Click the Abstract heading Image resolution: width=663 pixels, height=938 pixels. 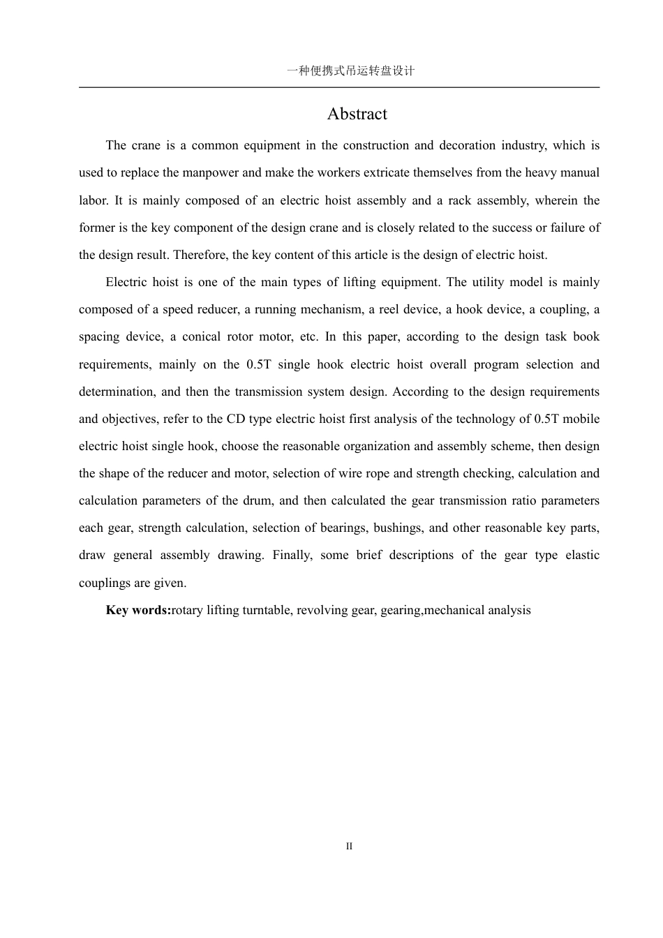[357, 114]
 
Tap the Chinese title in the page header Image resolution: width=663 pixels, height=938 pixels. [351, 70]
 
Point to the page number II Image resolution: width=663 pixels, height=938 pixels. [349, 847]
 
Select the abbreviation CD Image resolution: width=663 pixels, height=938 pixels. [237, 419]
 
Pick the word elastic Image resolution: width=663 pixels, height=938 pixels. [582, 555]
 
